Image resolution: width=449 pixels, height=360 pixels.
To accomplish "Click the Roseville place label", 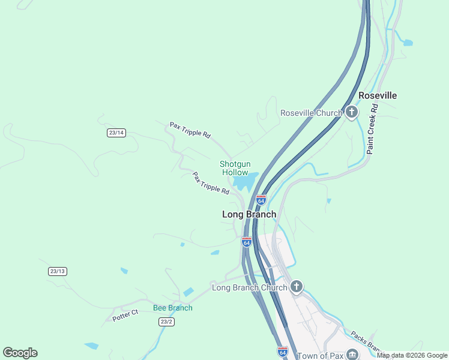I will point(378,95).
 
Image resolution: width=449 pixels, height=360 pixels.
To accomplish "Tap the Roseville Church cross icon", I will point(351,112).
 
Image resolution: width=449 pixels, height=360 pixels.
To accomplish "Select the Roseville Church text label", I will point(311,113).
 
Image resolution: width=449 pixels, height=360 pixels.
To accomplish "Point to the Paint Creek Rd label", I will point(373,130).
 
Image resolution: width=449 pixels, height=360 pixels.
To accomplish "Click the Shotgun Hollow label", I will point(235,168).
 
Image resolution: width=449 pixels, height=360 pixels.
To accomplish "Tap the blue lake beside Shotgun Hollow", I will point(244,181).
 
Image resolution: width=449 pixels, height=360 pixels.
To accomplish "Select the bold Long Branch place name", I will point(249,214).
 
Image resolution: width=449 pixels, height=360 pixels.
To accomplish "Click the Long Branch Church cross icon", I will point(296,287).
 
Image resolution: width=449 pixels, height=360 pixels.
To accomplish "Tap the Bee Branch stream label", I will point(173,308).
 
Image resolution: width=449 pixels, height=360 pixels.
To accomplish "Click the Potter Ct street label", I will point(125,315).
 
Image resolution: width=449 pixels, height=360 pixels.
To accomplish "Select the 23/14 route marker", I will point(116,133).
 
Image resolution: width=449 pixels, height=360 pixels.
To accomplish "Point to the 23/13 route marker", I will point(57,271).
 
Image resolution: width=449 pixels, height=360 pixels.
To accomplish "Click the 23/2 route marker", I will point(167,322).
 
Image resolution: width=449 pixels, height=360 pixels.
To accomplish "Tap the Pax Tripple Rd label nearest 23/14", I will point(190,130).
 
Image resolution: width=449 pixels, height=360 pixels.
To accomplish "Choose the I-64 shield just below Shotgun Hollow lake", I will point(261,200).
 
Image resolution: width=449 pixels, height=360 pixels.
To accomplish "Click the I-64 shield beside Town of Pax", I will point(282,352).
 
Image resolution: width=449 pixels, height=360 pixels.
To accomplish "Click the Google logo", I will point(20,353).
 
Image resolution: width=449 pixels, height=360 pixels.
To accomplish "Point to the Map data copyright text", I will point(412,355).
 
